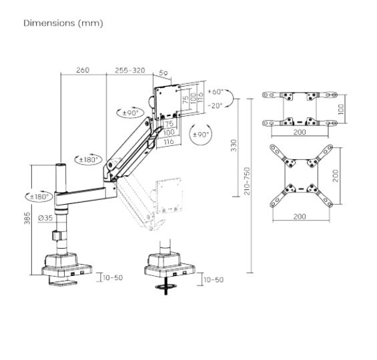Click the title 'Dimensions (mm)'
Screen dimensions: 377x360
[63, 23]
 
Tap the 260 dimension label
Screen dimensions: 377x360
[83, 70]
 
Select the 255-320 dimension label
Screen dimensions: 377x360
[130, 70]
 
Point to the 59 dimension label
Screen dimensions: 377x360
[163, 73]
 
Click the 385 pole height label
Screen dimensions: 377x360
[27, 218]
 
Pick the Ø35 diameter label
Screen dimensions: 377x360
[45, 218]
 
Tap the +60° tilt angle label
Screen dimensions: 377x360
[216, 92]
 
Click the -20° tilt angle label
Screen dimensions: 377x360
[216, 105]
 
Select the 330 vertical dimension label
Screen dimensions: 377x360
[234, 145]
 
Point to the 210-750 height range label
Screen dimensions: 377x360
[247, 181]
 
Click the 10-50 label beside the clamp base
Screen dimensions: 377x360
[113, 277]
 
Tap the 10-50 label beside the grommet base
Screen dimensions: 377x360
[214, 280]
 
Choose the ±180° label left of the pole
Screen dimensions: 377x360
[39, 197]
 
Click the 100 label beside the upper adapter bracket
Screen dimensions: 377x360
[341, 109]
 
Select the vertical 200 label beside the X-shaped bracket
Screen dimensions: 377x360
[336, 176]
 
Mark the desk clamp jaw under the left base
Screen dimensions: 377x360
[63, 281]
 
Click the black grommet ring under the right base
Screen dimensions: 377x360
[166, 287]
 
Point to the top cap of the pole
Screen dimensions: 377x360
[61, 165]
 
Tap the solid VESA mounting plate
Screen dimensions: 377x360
[167, 102]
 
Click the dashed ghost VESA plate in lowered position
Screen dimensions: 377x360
[169, 195]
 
